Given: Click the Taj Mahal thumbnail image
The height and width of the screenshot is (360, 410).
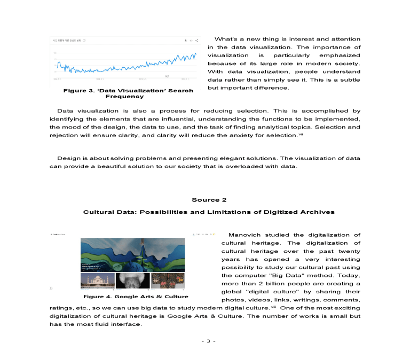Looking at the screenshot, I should click(97, 281).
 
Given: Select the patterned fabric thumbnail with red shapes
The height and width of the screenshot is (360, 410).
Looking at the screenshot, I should click(168, 281).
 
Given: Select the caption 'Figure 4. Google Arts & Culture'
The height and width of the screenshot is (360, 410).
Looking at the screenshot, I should click(135, 297).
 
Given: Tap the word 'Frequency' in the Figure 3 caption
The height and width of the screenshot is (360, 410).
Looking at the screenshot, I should click(124, 97).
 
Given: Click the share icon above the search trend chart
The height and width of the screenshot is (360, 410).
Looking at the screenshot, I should click(197, 41).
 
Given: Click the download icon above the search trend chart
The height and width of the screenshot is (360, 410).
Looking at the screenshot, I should click(185, 41).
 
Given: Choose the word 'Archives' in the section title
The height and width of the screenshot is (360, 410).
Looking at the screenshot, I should click(319, 212).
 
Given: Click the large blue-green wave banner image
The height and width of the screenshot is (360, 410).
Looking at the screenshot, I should click(132, 254).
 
